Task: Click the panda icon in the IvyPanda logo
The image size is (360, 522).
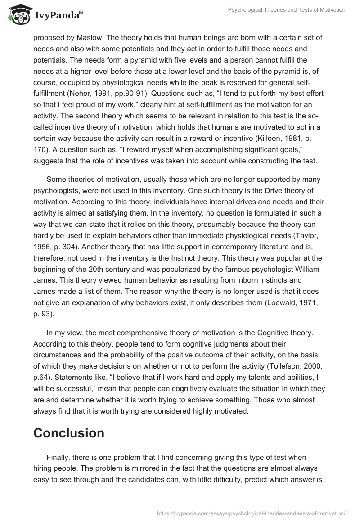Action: coord(17,15)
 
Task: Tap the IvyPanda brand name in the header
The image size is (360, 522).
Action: coord(57,16)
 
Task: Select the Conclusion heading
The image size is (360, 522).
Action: coord(69,433)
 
